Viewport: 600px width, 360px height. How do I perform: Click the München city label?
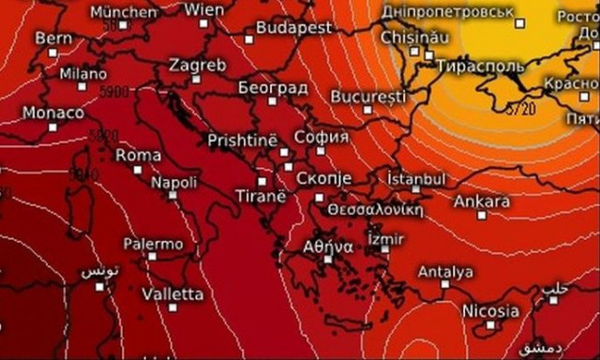pyautogui.click(x=124, y=12)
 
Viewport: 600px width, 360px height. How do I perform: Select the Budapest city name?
pyautogui.click(x=293, y=28)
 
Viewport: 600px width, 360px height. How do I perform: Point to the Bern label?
pyautogui.click(x=52, y=38)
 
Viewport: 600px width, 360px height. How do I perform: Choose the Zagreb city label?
pyautogui.click(x=197, y=66)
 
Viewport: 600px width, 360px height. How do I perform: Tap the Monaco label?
pyautogui.click(x=52, y=112)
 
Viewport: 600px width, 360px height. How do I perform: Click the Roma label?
pyautogui.click(x=138, y=155)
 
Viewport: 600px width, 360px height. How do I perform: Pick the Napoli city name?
pyautogui.click(x=173, y=182)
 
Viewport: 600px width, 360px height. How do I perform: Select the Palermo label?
pyautogui.click(x=153, y=244)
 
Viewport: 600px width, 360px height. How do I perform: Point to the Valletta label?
pyautogui.click(x=172, y=293)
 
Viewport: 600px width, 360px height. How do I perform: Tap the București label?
pyautogui.click(x=368, y=96)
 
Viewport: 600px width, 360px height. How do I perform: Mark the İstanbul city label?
pyautogui.click(x=415, y=177)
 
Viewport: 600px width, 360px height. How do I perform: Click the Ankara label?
pyautogui.click(x=481, y=202)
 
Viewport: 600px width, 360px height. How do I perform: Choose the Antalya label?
pyautogui.click(x=444, y=272)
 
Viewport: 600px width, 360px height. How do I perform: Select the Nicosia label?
pyautogui.click(x=489, y=310)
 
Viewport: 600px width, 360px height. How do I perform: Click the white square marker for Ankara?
pyautogui.click(x=482, y=216)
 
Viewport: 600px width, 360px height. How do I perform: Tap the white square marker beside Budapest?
pyautogui.click(x=248, y=38)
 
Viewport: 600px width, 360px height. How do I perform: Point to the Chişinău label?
pyautogui.click(x=414, y=37)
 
